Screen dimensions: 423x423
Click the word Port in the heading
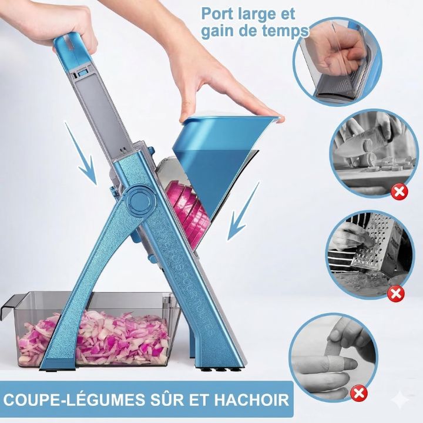217,14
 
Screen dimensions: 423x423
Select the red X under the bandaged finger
359,393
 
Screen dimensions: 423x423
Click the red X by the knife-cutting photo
399,192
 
